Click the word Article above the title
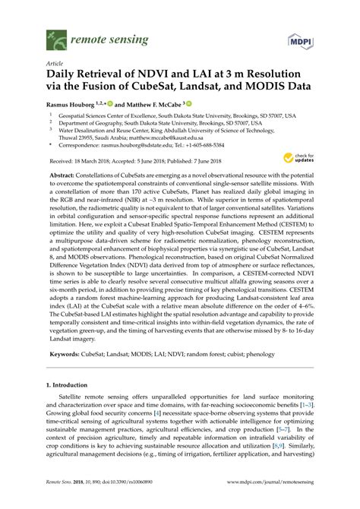55,65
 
